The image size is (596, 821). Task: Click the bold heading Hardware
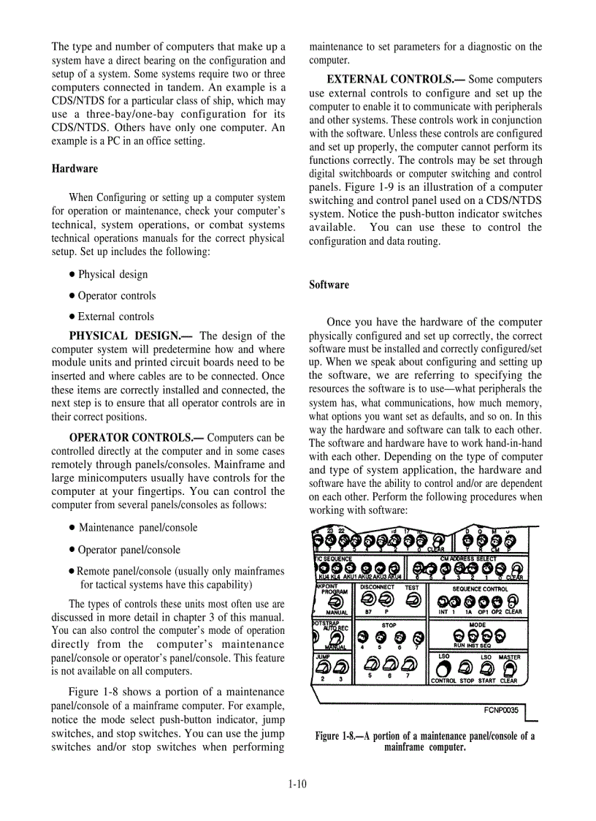click(x=74, y=169)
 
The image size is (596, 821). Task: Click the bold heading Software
click(x=329, y=285)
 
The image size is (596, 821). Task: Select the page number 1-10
click(x=297, y=784)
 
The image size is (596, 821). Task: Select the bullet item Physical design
click(x=112, y=275)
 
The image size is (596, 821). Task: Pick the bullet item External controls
click(x=115, y=317)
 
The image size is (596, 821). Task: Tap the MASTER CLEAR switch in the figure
click(x=508, y=669)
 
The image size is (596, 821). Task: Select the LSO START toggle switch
click(x=486, y=669)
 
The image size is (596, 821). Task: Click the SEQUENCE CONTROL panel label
click(x=480, y=589)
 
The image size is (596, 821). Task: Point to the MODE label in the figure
click(x=477, y=625)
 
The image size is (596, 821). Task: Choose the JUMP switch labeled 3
click(x=341, y=667)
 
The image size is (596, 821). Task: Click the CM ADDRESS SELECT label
click(x=468, y=559)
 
